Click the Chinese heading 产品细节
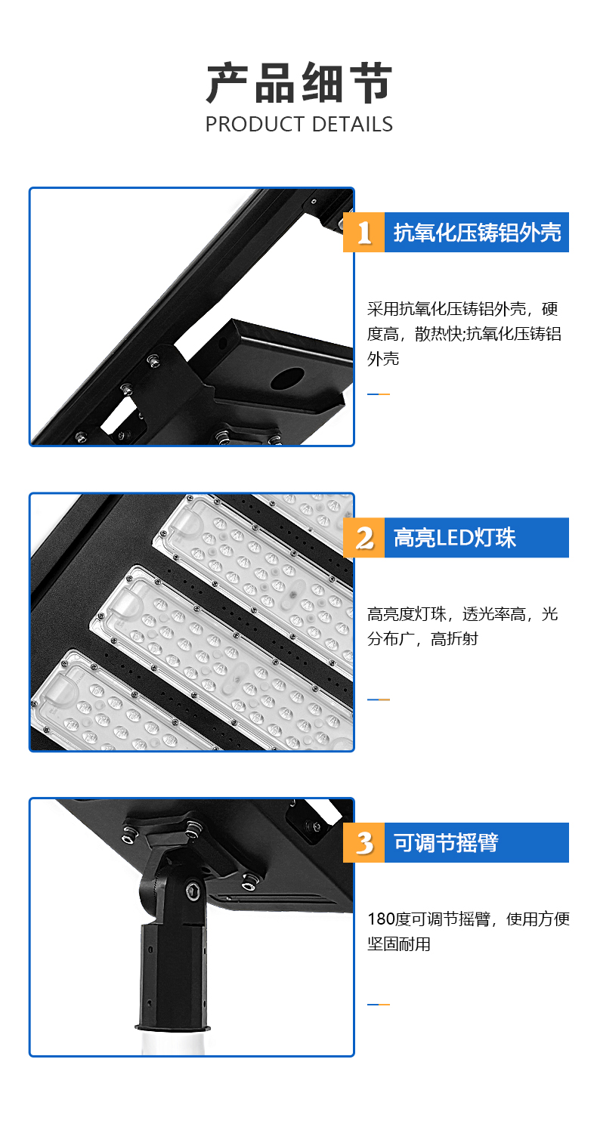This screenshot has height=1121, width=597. [x=299, y=83]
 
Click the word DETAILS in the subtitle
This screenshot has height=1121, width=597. [x=353, y=124]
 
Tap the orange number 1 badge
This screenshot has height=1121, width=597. [x=363, y=232]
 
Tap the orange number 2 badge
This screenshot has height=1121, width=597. [x=363, y=538]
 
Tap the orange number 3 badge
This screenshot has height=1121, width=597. [x=363, y=843]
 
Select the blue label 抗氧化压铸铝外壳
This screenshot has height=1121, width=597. [x=477, y=232]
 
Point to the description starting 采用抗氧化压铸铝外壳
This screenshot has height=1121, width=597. [x=464, y=334]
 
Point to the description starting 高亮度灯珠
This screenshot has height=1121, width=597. [x=462, y=626]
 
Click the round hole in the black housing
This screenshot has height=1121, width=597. [x=288, y=379]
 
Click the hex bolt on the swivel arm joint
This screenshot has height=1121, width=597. [x=193, y=891]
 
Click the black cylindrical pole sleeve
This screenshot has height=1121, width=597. [x=173, y=976]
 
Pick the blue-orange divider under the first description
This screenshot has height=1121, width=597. [x=378, y=394]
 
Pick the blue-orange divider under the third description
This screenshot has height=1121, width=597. [x=378, y=1005]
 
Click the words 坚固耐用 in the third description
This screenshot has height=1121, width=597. [x=399, y=944]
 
